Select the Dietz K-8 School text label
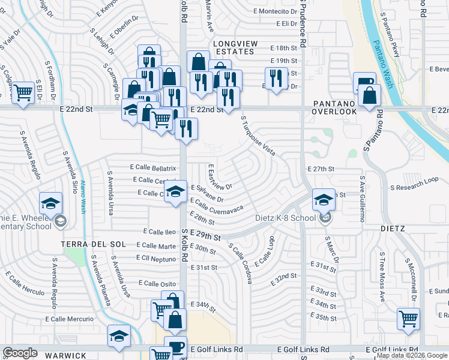tap(285, 218)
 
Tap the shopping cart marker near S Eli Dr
tap(23, 92)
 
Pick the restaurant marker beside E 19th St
tap(276, 78)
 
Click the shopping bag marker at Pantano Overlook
tap(371, 95)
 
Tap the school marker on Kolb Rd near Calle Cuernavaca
tap(175, 192)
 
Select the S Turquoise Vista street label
tap(258, 136)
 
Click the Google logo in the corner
tap(20, 353)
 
